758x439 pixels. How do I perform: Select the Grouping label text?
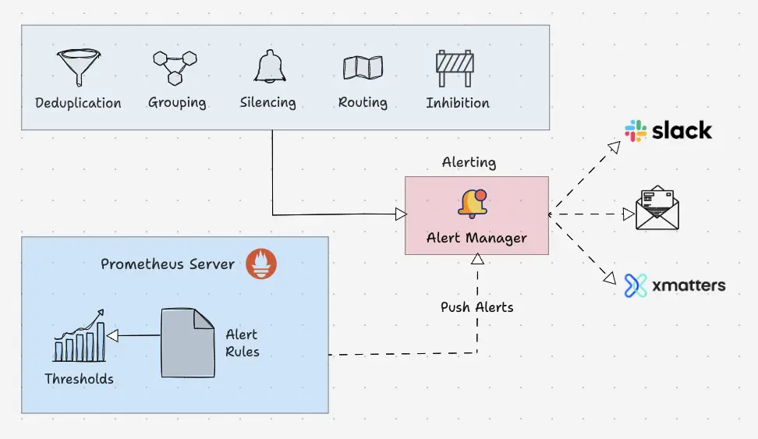(177, 102)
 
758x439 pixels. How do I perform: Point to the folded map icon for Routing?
(363, 68)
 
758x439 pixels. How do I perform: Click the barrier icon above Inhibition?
(456, 68)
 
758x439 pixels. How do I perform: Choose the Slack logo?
(668, 131)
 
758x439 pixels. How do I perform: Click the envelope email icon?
(657, 208)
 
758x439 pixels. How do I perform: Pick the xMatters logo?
(675, 285)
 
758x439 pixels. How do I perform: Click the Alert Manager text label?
(476, 238)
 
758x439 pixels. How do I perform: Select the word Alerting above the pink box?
(469, 162)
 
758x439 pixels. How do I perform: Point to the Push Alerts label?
(476, 306)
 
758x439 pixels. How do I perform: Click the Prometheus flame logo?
(261, 264)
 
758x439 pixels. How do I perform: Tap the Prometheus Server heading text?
(168, 264)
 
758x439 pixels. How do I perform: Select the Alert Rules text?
(242, 343)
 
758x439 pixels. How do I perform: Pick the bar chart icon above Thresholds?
(79, 336)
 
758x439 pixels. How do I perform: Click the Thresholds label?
(79, 379)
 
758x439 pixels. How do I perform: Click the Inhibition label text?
(458, 102)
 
